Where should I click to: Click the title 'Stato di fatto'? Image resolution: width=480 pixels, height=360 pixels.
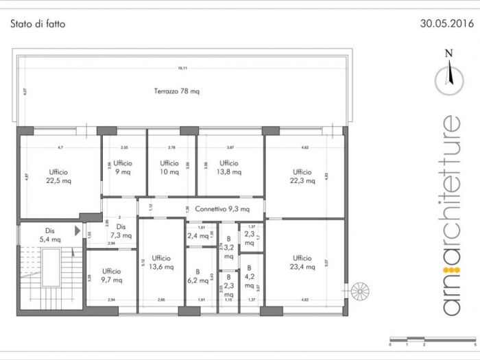[38, 23]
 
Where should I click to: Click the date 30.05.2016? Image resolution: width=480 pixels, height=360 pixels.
[446, 23]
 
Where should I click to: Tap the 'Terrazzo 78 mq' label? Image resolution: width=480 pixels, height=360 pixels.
[177, 91]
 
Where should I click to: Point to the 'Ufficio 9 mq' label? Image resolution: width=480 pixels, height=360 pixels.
[123, 167]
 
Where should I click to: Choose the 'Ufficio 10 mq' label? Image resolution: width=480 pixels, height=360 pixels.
[169, 167]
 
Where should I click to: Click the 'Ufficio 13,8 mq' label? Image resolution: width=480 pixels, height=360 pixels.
[229, 167]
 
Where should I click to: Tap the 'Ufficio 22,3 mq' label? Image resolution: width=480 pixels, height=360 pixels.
[302, 176]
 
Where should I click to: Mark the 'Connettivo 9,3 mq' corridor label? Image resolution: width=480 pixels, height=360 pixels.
[221, 208]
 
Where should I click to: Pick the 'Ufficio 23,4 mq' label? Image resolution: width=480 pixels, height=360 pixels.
[302, 262]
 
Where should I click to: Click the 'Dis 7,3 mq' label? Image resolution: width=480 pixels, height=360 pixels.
[121, 230]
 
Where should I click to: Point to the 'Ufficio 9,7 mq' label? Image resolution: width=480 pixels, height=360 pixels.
[112, 275]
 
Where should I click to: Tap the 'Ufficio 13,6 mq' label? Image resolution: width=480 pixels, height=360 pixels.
[161, 262]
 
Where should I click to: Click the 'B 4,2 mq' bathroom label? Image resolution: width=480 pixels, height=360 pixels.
[250, 276]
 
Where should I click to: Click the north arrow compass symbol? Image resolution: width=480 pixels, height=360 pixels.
[449, 75]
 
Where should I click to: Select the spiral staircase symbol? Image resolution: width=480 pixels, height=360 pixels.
[359, 293]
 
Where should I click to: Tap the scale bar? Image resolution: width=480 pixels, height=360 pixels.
[432, 339]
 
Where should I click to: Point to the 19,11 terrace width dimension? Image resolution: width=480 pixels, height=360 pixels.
[182, 68]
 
